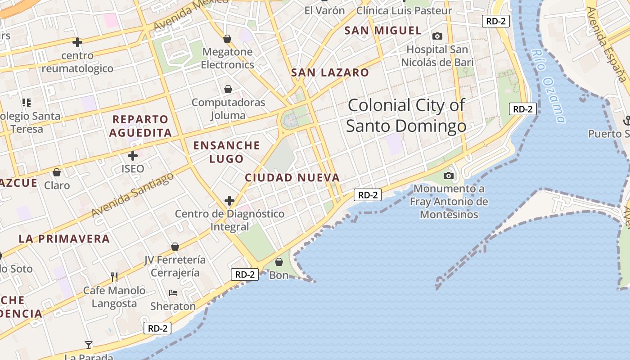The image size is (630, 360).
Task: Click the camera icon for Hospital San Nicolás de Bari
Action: pos(437,36)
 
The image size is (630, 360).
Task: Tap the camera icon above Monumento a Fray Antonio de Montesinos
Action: pos(449,175)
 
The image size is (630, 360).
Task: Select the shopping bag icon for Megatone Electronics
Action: pos(227,39)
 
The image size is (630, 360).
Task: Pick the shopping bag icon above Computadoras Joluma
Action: pos(228,89)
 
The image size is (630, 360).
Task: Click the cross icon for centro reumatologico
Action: pos(77,42)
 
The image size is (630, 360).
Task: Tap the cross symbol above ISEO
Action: pos(132,156)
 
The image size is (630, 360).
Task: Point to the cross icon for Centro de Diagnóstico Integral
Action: pos(229,200)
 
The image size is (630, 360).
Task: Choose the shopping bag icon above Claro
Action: pos(57,172)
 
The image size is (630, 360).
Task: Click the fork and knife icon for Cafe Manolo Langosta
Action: pos(114,276)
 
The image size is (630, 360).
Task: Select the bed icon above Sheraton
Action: pos(173,293)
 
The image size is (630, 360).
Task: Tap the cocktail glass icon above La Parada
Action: pos(89,345)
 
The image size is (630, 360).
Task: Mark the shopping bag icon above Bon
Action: pos(279,262)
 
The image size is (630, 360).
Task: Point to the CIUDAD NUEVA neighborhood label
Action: pos(292,178)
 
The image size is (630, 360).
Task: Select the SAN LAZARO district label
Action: pos(330,72)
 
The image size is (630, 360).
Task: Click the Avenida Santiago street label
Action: pos(132,195)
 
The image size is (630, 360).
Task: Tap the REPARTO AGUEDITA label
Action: pos(140,126)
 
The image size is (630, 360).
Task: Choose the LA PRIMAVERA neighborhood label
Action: pos(64,238)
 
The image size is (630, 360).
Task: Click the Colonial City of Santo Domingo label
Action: pos(406,116)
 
